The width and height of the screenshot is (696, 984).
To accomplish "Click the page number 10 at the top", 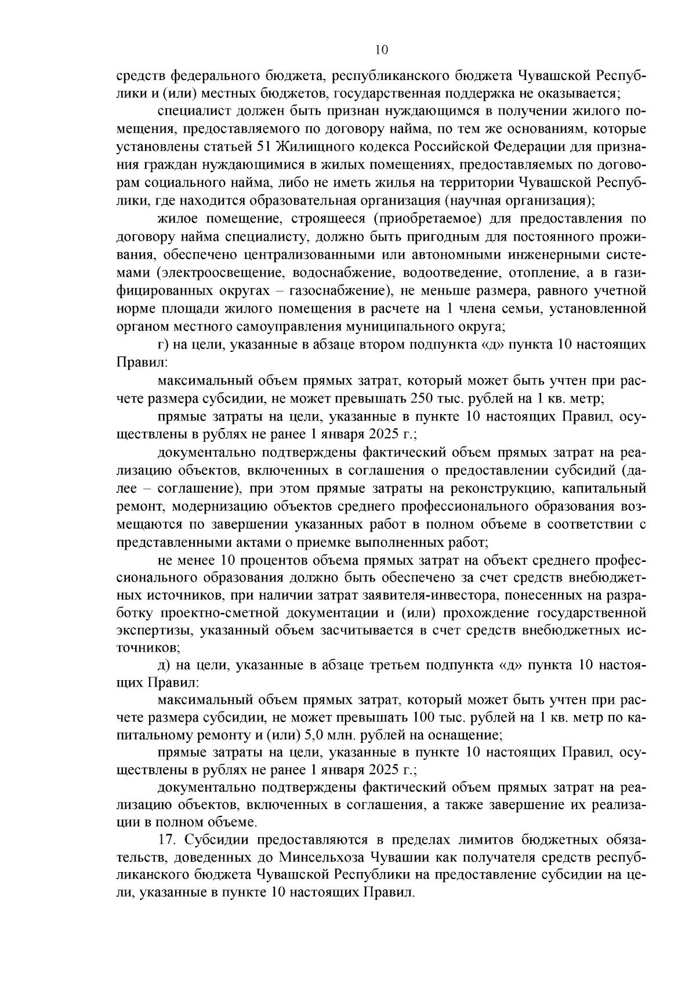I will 382,50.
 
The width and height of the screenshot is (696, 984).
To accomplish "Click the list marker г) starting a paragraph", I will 163,344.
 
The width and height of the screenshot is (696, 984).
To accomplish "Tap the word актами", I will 251,543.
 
